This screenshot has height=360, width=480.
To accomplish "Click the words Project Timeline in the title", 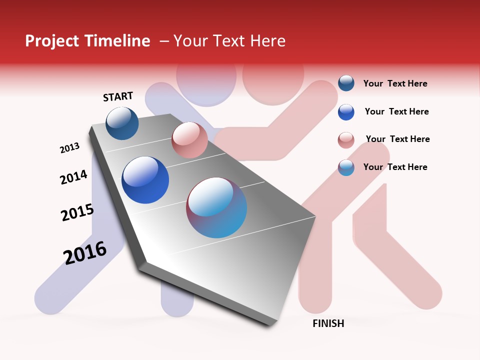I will (87, 41).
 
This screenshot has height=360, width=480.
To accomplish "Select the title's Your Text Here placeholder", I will (229, 41).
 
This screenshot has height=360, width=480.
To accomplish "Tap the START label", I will (118, 96).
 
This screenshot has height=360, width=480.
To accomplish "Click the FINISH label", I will (328, 323).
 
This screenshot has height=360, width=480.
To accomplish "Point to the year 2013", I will (69, 148).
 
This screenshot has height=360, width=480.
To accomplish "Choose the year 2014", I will (73, 177).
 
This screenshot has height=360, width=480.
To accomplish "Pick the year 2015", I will (77, 212).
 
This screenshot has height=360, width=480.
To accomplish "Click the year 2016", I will (85, 253).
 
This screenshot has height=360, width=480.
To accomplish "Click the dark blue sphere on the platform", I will (122, 123).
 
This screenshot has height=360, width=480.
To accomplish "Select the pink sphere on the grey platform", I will (189, 140).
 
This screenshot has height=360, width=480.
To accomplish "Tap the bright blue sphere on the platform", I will (145, 180).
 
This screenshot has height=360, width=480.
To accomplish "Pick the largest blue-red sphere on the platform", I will (216, 207).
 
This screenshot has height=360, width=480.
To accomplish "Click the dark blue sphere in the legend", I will (346, 83).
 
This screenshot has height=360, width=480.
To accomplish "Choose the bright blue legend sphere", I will (346, 112).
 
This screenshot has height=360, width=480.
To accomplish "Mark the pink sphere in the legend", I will (346, 140).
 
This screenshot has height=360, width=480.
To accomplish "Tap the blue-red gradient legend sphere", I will (346, 167).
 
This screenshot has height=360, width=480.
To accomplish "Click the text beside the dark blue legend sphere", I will (395, 83).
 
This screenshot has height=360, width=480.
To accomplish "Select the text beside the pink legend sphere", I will (397, 139).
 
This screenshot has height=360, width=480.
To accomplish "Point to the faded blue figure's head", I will (206, 79).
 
